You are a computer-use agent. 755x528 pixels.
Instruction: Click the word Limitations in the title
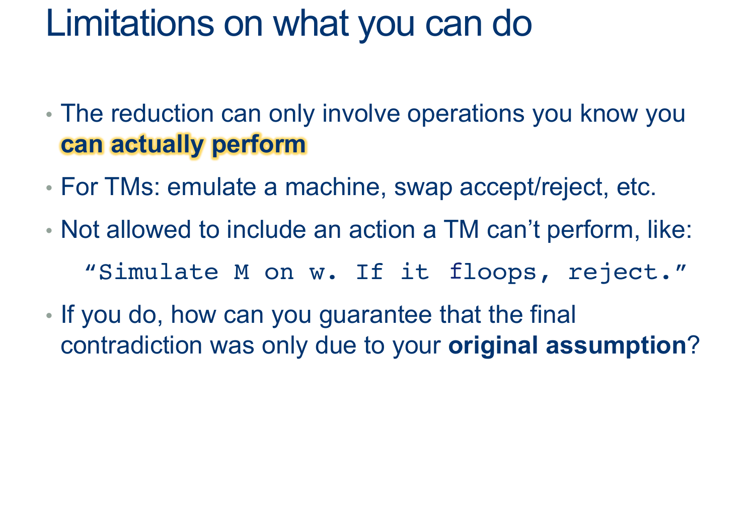coord(130,24)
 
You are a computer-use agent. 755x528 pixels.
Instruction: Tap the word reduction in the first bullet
coord(162,114)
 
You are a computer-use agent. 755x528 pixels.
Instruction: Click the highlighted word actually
coord(157,145)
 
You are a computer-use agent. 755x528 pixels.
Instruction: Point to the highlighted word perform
coord(259,145)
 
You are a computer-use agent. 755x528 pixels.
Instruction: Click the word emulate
coord(212,187)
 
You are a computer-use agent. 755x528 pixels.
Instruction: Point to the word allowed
coord(149,230)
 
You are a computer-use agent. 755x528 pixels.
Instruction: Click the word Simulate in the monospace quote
coord(159,272)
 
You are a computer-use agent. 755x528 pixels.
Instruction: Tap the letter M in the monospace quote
coord(242,272)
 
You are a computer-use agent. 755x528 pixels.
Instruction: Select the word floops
coord(492,273)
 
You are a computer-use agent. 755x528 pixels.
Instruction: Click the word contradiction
coord(131,345)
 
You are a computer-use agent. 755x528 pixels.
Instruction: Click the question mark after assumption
coord(693,345)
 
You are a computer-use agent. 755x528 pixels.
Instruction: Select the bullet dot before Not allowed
coord(49,231)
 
